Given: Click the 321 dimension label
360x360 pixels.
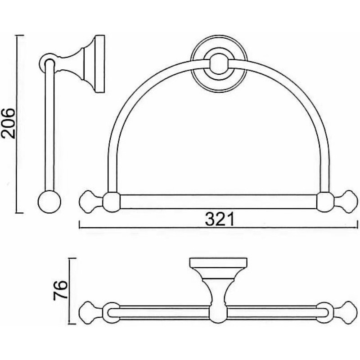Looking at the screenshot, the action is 219,219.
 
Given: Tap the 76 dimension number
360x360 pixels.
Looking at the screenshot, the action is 60,290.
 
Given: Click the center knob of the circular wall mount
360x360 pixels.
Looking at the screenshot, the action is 218,64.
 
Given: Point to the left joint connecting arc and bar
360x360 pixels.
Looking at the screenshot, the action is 112,202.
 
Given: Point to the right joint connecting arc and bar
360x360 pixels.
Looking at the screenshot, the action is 325,202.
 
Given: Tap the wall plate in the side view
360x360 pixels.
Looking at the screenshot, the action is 100,64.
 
